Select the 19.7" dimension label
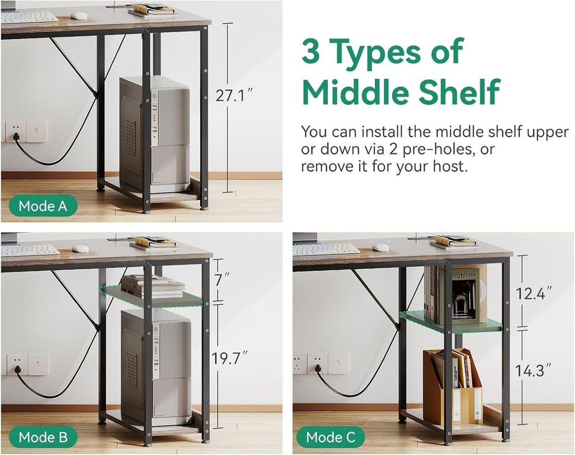(230, 358)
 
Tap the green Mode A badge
(43, 206)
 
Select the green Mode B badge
(43, 437)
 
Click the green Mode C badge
(331, 437)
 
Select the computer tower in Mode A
(155, 135)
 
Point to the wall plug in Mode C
(319, 368)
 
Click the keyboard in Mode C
(327, 248)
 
